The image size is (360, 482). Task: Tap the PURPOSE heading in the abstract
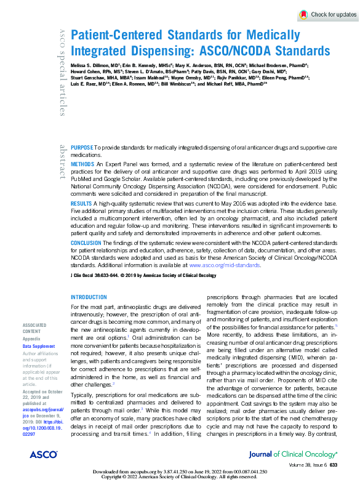pyautogui.click(x=82, y=149)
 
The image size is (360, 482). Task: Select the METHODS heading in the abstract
pyautogui.click(x=83, y=166)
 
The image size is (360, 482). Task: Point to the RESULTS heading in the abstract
pyautogui.click(x=82, y=203)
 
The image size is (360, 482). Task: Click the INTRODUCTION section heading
pyautogui.click(x=89, y=297)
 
